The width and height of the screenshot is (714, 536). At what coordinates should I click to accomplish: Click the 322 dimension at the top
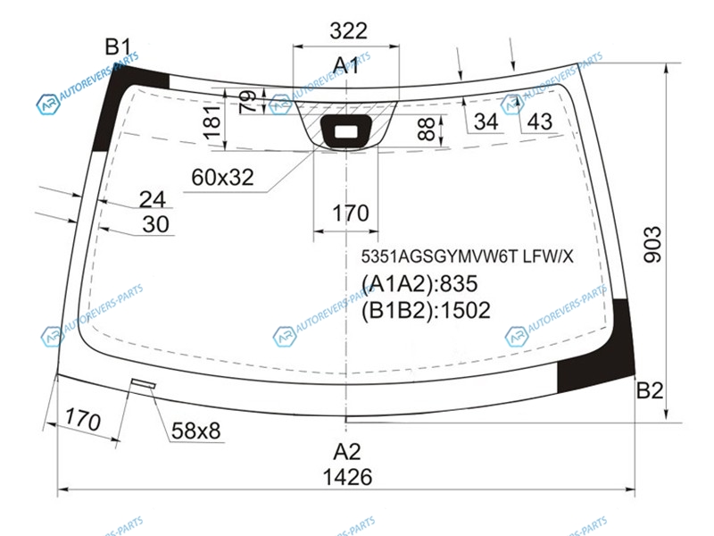point(348,31)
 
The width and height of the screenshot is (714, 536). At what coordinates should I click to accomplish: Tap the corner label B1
point(118,47)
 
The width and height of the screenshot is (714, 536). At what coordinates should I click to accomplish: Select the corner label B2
point(650,390)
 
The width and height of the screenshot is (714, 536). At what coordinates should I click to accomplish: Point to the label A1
point(345,65)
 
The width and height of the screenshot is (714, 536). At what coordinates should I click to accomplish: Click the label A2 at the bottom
point(347,452)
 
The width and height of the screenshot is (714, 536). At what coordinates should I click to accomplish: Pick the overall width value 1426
point(347,477)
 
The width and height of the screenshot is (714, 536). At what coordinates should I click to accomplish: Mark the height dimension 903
point(652,244)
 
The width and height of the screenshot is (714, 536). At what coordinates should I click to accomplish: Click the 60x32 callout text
point(222,177)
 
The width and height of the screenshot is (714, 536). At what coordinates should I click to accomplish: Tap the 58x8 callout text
point(195,431)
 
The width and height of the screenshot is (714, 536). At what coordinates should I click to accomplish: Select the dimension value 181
point(212,122)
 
